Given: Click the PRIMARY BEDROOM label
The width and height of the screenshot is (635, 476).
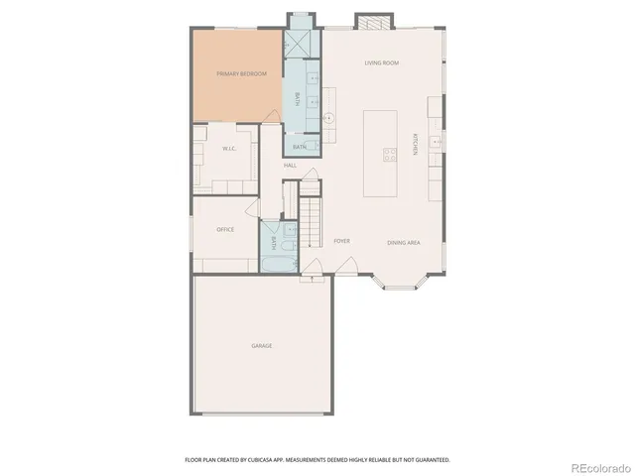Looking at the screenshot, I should click(x=241, y=73).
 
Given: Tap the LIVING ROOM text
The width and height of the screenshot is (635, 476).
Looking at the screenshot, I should click(x=381, y=63).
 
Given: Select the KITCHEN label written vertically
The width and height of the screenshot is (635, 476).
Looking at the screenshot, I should click(x=416, y=145).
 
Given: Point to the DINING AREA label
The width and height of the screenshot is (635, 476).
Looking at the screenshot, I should click(x=404, y=242).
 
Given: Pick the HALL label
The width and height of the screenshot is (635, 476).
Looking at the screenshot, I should click(x=291, y=165).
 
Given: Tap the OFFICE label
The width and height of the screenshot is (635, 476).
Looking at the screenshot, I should click(x=225, y=229).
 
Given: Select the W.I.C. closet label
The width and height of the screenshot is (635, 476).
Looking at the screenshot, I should click(x=227, y=149).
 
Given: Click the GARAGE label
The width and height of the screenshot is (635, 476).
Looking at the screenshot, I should click(x=261, y=345).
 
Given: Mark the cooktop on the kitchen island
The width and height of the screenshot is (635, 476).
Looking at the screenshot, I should click(x=390, y=153).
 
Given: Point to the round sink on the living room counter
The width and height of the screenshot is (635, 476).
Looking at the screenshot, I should click(x=329, y=118).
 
